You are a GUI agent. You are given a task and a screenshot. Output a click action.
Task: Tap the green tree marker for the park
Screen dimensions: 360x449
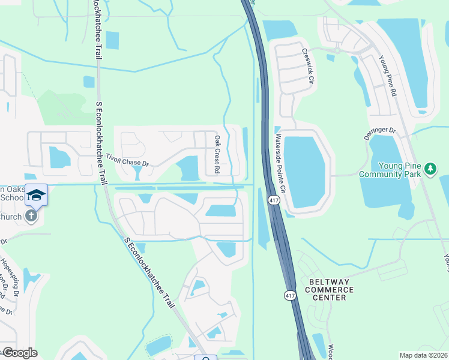(430, 169)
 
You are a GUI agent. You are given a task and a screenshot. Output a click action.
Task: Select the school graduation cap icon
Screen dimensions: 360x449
(36, 195)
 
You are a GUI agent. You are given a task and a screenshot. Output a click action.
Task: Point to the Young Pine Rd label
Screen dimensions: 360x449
(388, 76)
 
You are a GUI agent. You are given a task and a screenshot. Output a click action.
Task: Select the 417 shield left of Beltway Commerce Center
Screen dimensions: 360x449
(289, 295)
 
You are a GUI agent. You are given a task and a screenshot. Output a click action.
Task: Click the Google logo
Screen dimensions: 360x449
(20, 353)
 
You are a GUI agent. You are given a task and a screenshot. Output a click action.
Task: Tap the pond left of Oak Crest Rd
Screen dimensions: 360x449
(188, 167)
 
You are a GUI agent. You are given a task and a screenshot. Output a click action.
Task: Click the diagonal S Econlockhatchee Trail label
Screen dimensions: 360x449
(150, 272)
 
